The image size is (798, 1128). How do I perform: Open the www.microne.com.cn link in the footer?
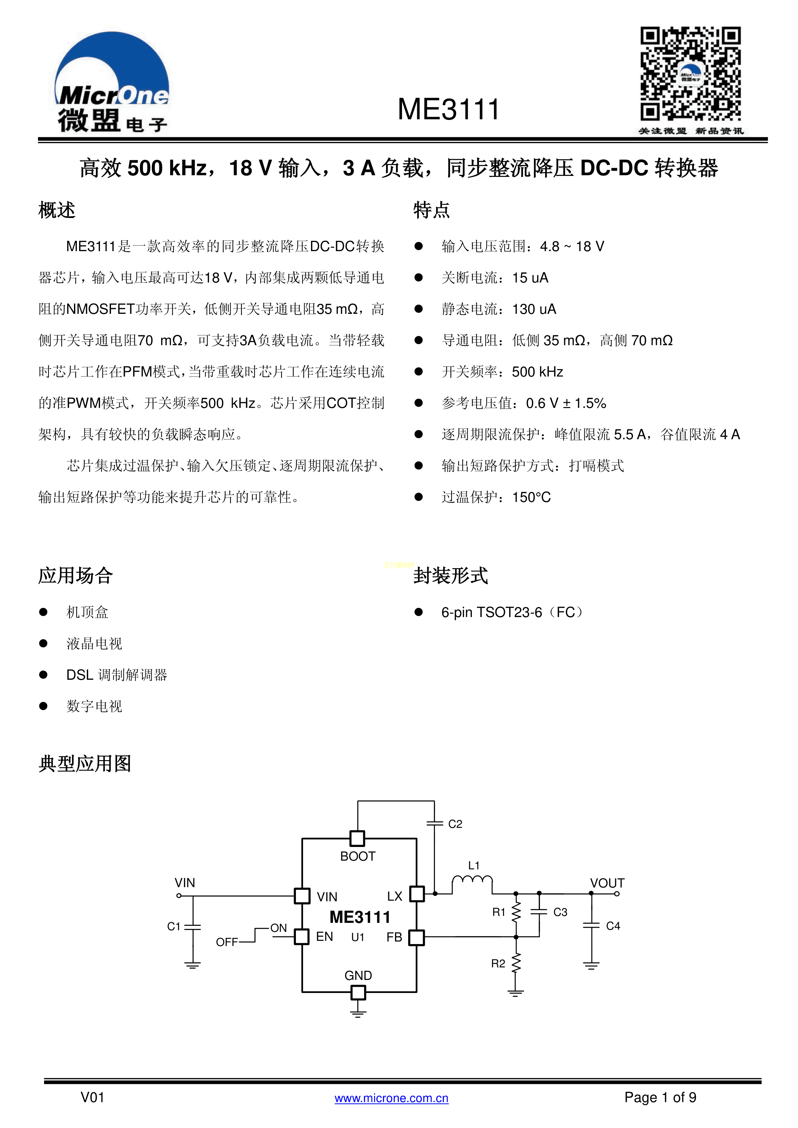click(392, 1098)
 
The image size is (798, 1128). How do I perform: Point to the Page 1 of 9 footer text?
click(660, 1097)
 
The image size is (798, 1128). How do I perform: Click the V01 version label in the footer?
click(92, 1097)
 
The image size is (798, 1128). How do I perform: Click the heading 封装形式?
click(451, 575)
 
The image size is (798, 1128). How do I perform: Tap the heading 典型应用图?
click(85, 763)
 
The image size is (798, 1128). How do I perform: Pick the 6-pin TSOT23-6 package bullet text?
click(511, 612)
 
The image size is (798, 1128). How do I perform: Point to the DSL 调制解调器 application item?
click(117, 675)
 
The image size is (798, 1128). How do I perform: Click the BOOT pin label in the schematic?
click(358, 856)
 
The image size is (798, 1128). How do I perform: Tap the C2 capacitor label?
click(455, 824)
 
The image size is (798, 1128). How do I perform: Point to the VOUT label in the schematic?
click(607, 883)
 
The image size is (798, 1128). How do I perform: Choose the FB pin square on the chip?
click(416, 937)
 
